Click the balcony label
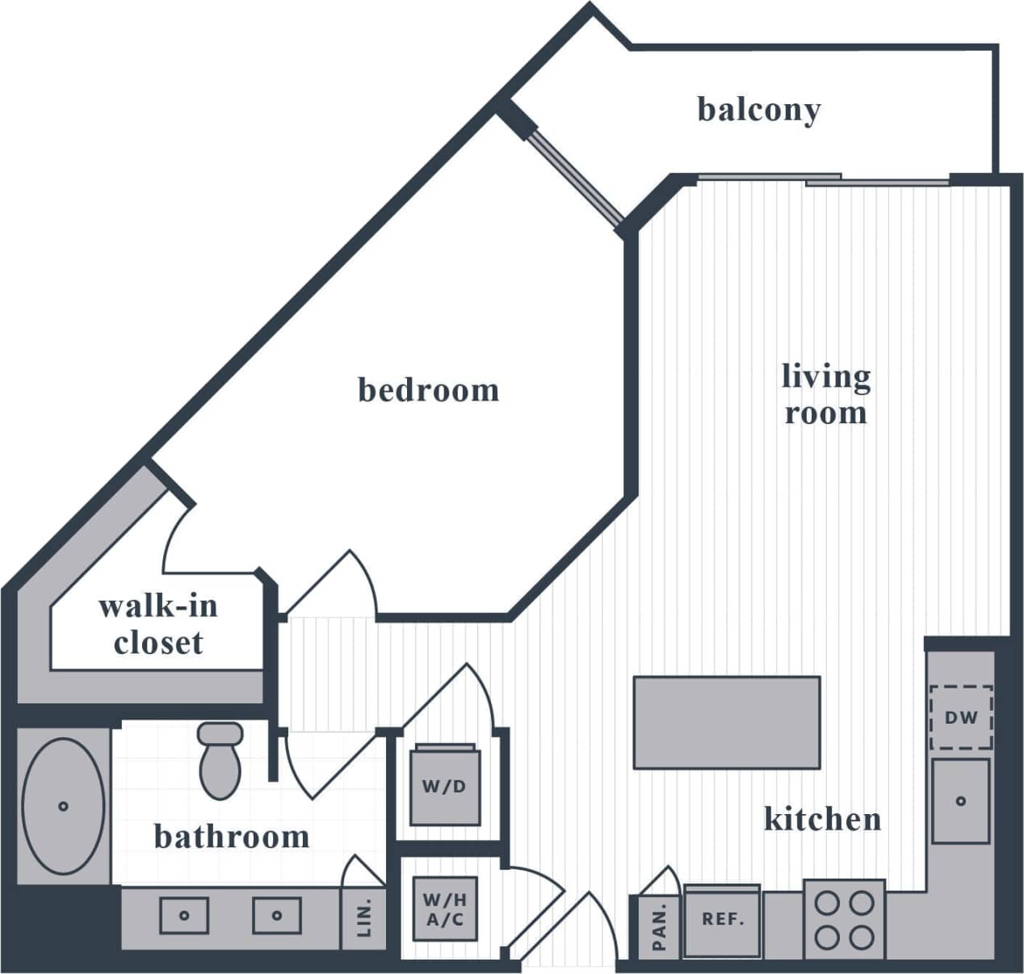pos(758,110)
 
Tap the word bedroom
pos(428,390)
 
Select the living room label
pos(825,394)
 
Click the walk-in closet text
pos(158,624)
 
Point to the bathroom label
pos(232,837)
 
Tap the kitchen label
pos(822,819)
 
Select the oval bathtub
pos(63,804)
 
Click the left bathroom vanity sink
pos(184,915)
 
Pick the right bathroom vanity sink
pos(276,915)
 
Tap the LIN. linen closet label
pos(364,918)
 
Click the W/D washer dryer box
pos(444,787)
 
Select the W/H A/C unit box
pos(446,909)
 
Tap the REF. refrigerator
pos(722,920)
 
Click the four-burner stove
pos(844,919)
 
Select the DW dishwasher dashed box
pos(961,717)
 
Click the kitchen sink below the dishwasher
pos(960,801)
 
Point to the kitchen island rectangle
pos(727,722)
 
